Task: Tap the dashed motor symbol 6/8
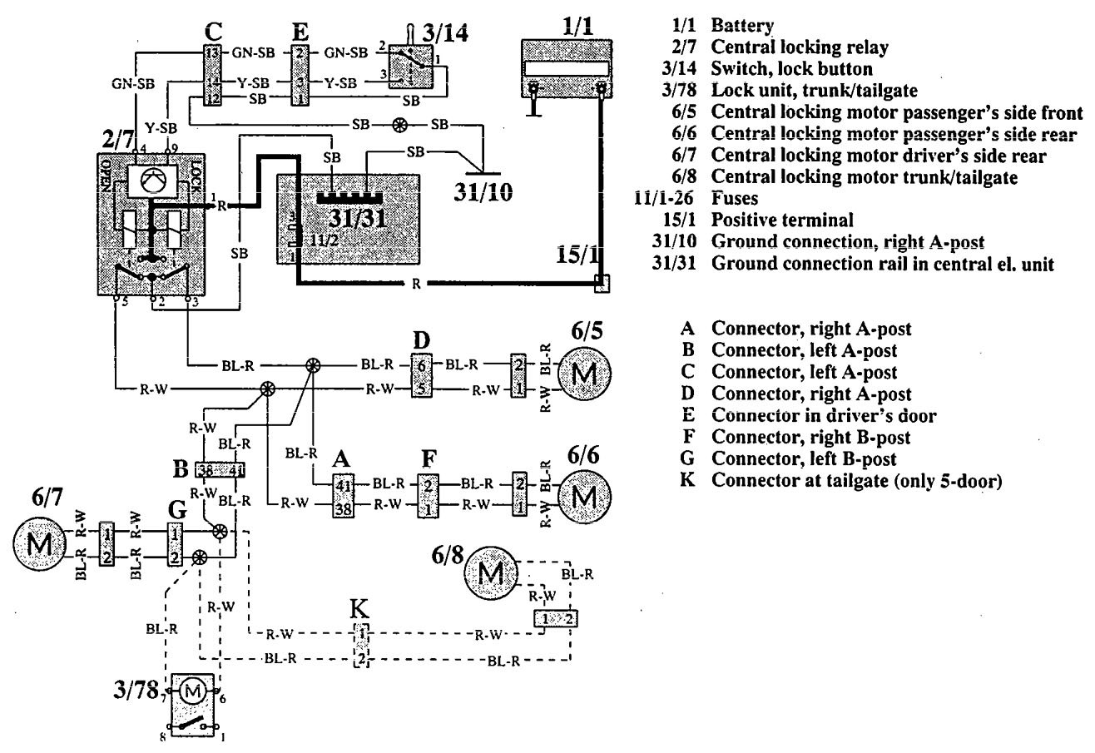[493, 572]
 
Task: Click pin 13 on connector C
[212, 52]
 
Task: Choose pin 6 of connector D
[422, 364]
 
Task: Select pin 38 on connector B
[205, 468]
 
